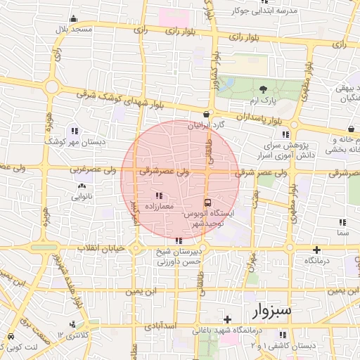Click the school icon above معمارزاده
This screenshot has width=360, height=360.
point(157,195)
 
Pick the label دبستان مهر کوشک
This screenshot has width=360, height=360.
point(72,141)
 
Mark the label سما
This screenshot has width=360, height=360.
point(343,232)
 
